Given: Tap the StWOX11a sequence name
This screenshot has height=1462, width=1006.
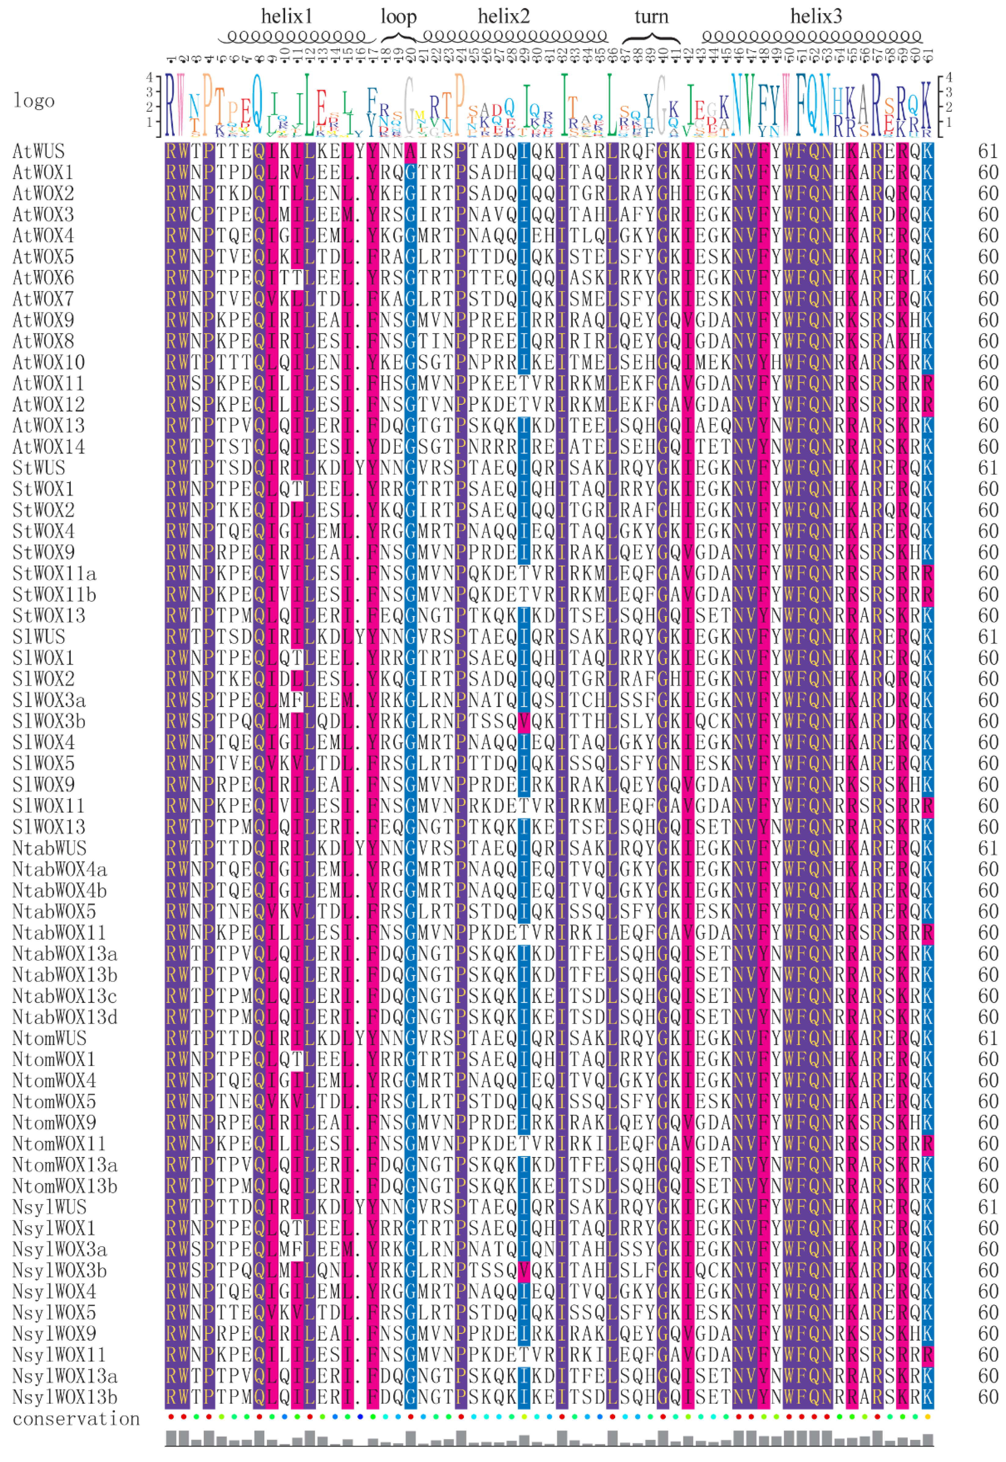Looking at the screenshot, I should [54, 574].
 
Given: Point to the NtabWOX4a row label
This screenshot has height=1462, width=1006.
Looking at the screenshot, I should [59, 869].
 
